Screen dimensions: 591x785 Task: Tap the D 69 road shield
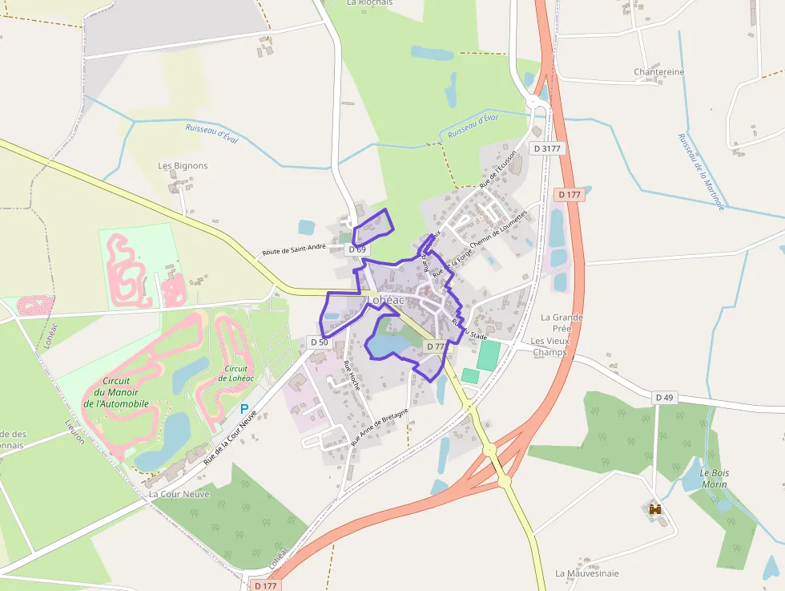coord(357,249)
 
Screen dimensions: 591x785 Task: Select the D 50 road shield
coord(319,342)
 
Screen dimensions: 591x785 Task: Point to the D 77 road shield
coord(435,346)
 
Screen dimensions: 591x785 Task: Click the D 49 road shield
coord(663,397)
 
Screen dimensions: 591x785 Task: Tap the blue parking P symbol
coord(244,409)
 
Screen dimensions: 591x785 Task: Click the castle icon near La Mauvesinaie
coord(654,509)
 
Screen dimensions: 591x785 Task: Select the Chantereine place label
coord(659,71)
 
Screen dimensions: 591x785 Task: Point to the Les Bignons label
coord(183,166)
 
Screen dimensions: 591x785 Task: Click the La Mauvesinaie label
coord(587,573)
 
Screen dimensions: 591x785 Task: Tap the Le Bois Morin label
coord(714,478)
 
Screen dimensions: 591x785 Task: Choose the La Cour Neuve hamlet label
coord(179,494)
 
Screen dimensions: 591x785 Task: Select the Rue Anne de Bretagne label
coord(380,427)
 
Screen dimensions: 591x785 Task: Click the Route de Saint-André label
coord(293,250)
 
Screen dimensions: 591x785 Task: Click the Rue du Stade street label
coord(469,329)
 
